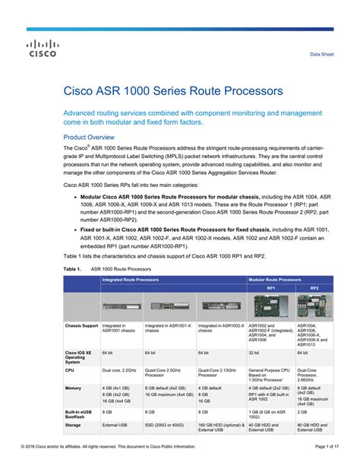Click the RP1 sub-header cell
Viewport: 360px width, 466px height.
point(271,289)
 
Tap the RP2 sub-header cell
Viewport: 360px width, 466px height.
point(314,289)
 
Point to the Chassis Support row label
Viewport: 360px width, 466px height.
point(82,325)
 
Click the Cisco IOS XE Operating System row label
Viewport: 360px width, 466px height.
point(81,357)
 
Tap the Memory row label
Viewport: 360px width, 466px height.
point(74,388)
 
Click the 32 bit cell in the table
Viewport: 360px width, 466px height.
point(255,353)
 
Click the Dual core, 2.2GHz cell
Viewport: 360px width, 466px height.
point(120,370)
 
